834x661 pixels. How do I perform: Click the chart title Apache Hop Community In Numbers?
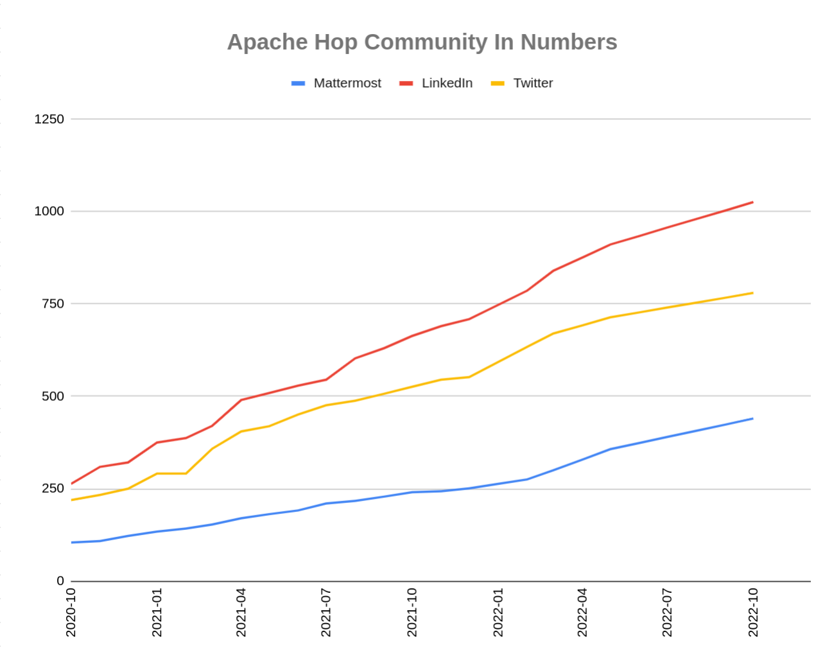point(422,42)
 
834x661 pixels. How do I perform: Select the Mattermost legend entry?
point(347,84)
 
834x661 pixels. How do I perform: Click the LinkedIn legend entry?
point(447,84)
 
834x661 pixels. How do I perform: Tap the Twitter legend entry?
point(533,84)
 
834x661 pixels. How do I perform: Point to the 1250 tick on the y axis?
point(49,119)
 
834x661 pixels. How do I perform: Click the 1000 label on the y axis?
point(49,211)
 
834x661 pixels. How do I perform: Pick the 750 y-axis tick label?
point(53,304)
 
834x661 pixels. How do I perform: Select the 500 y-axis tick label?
point(53,396)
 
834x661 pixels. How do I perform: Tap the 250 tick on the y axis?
point(53,489)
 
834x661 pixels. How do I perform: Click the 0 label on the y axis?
point(60,581)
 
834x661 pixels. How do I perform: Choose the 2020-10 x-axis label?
point(71,612)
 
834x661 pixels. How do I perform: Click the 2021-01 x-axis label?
point(157,612)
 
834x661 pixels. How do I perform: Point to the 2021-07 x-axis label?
point(326,612)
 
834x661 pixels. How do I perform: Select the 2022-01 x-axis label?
point(498,612)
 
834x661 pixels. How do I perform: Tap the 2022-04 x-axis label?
point(582,612)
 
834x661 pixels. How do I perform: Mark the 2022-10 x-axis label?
point(753,612)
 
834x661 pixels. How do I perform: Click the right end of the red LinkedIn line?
point(752,202)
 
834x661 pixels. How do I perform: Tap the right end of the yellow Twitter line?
point(752,293)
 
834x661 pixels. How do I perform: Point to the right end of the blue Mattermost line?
point(752,419)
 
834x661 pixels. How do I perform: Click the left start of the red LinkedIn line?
point(72,484)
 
